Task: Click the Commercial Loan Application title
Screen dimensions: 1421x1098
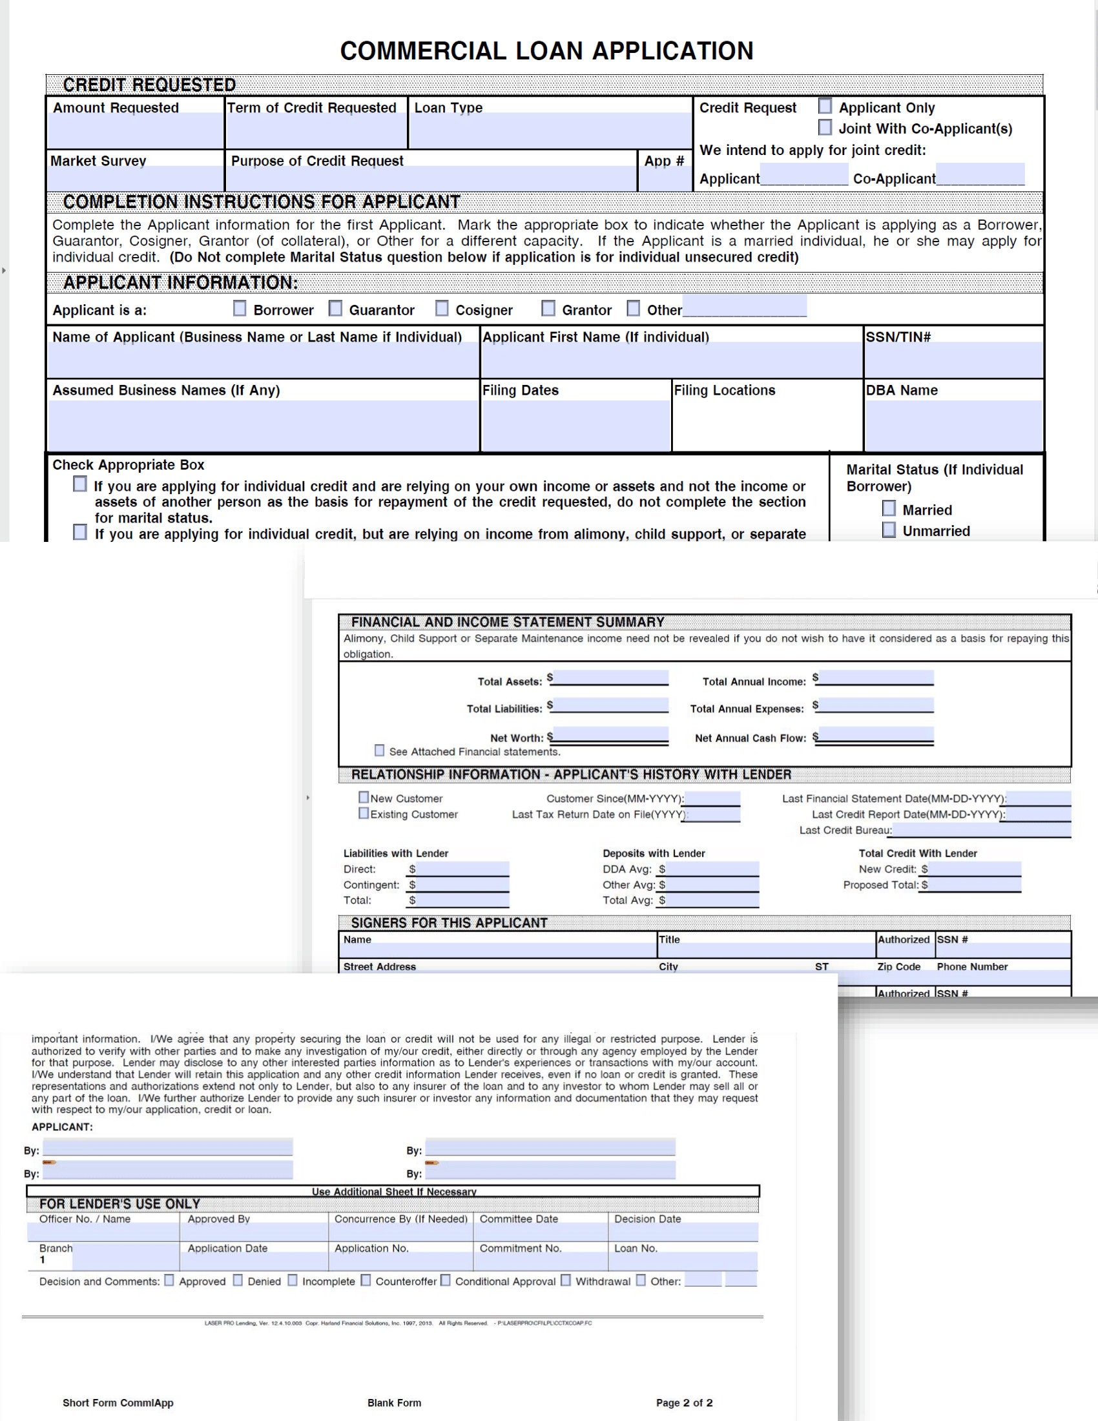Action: point(546,51)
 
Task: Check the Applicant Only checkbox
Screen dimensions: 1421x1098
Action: point(825,106)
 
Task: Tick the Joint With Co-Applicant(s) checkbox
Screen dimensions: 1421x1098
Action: point(825,127)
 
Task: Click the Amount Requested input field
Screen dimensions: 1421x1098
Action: point(135,130)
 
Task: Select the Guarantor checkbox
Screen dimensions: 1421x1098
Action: point(336,308)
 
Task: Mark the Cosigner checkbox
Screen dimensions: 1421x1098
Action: point(442,308)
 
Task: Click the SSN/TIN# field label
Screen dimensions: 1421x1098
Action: point(898,337)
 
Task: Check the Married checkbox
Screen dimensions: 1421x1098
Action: point(889,508)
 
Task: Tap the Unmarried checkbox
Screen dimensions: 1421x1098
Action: point(889,530)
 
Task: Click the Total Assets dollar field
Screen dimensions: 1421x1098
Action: point(610,678)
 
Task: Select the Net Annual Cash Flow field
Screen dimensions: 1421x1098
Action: point(876,736)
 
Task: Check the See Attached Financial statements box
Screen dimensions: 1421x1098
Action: point(379,751)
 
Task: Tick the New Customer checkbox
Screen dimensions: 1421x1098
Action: point(364,797)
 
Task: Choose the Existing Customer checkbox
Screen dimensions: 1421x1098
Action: point(364,813)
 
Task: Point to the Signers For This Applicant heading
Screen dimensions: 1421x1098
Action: point(449,922)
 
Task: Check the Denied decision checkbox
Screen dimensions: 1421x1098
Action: point(238,1280)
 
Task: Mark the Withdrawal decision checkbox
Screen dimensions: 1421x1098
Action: point(565,1280)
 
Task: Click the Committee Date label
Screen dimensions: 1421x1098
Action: point(519,1219)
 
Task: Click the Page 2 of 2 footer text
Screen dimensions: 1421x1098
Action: point(683,1403)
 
